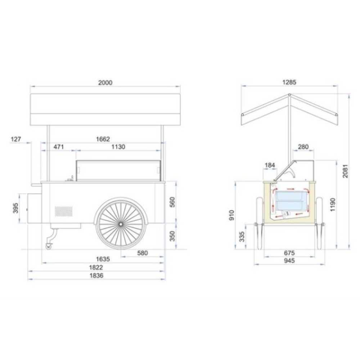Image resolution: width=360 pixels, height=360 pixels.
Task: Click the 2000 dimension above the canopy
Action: coord(105,83)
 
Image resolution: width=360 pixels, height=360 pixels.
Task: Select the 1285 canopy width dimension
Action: coord(289,82)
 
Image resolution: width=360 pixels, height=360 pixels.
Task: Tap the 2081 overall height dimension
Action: coord(345,171)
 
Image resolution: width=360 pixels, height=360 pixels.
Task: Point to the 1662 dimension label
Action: coord(103,139)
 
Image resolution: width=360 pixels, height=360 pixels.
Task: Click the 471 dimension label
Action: coord(59,147)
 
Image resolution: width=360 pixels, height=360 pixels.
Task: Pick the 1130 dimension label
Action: coord(118,147)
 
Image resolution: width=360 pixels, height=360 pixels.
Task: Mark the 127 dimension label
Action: coord(16,139)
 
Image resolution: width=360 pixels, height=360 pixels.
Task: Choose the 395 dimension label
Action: coord(15,208)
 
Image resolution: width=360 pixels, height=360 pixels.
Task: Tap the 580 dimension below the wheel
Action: coord(142,253)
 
